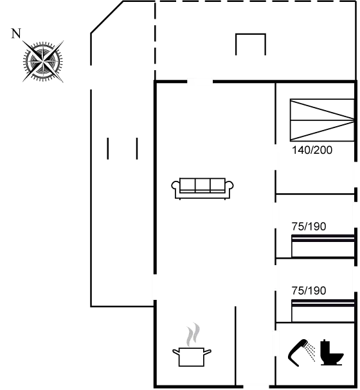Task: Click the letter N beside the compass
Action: [16, 33]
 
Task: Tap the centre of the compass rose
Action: [43, 61]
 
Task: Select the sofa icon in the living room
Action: [203, 189]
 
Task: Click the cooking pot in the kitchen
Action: [192, 357]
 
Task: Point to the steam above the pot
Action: [193, 334]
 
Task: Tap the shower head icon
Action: [301, 353]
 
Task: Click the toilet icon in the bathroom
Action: [332, 352]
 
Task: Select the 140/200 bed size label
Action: [312, 150]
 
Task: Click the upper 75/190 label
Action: [309, 227]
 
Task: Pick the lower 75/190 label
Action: [309, 290]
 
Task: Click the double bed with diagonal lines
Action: [322, 120]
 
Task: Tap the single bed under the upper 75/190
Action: [323, 246]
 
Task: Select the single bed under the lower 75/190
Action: [323, 311]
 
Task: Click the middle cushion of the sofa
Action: [203, 185]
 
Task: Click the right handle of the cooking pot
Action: [208, 351]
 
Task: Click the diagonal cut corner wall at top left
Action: [107, 17]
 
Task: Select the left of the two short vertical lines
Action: [107, 149]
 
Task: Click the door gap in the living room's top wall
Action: [200, 81]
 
